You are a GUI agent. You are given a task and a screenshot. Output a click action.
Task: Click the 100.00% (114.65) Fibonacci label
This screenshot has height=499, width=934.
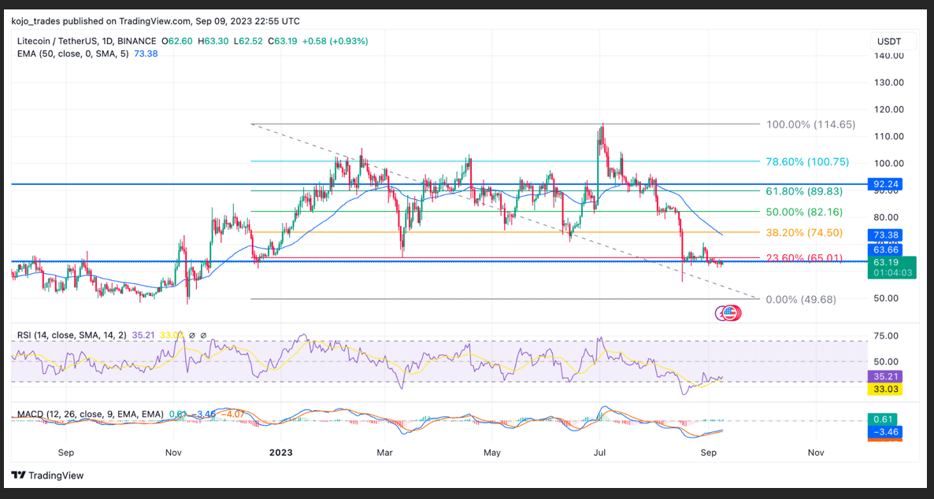(810, 124)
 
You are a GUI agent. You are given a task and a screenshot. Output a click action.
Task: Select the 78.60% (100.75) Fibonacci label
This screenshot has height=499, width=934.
(807, 161)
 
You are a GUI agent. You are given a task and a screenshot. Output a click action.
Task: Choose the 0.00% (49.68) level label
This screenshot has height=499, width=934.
(801, 299)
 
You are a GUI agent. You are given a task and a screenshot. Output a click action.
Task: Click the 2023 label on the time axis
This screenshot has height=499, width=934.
(280, 453)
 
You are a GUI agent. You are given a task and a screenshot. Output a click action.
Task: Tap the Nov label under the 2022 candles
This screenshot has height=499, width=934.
(174, 453)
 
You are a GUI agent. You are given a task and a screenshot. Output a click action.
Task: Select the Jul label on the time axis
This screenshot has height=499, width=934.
(600, 453)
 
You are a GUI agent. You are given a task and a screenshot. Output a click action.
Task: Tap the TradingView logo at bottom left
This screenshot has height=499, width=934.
(47, 475)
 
